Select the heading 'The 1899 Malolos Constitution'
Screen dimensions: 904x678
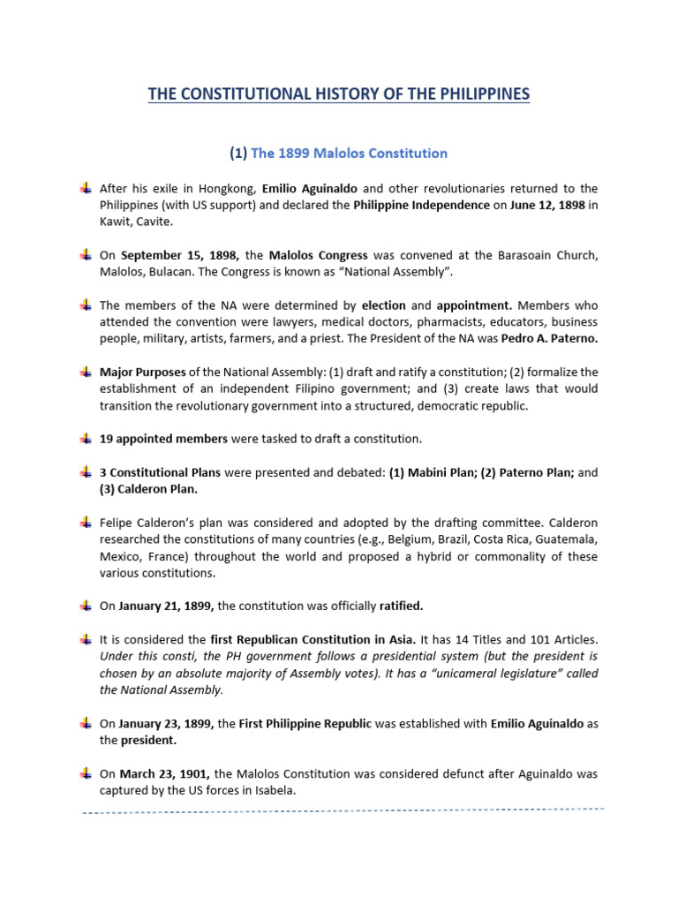[349, 153]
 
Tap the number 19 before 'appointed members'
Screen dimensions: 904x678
[107, 439]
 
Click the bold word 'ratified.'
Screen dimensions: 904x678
[402, 606]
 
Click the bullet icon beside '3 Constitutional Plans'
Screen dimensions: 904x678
[85, 472]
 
